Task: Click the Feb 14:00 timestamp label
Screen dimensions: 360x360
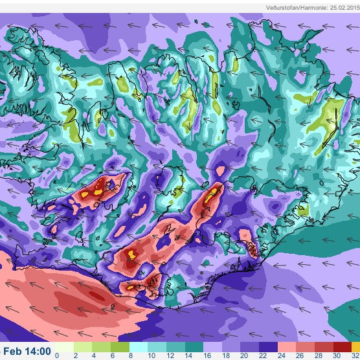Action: (27, 352)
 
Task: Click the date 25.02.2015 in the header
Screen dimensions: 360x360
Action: (339, 7)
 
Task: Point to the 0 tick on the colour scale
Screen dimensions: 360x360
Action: (57, 355)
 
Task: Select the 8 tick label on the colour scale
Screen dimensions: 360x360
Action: (131, 355)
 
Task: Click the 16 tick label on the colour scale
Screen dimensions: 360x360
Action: (207, 355)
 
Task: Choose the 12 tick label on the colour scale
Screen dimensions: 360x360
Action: (170, 355)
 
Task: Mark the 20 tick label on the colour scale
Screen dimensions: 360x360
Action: (245, 355)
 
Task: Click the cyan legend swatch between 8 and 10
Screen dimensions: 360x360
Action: (141, 346)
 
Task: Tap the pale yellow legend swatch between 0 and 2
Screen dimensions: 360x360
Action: (66, 346)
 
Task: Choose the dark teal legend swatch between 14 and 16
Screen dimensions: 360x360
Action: (198, 346)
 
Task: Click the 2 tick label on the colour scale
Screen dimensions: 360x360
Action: (76, 355)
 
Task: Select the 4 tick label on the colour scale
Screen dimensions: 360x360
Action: (95, 355)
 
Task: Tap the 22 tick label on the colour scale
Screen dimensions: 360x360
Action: (264, 355)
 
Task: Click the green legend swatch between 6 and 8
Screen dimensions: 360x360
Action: (122, 346)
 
